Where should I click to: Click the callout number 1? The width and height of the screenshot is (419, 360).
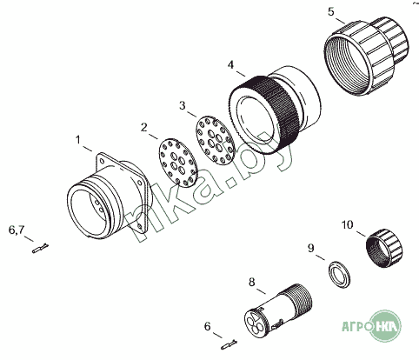click(x=77, y=140)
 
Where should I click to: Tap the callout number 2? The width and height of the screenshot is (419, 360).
click(x=144, y=128)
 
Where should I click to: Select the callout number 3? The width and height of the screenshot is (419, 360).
click(x=183, y=106)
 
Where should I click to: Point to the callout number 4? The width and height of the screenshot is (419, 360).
click(x=230, y=65)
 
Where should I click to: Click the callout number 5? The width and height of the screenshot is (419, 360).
click(x=331, y=12)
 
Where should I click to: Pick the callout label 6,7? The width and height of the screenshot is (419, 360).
click(x=17, y=230)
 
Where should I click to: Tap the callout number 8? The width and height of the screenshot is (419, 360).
click(x=252, y=282)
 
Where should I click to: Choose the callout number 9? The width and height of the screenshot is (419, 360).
click(x=310, y=249)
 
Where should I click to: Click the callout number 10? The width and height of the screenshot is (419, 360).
click(x=348, y=225)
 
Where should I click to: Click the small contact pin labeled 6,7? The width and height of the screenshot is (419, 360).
click(x=40, y=249)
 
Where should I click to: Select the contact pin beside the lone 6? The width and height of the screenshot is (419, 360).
click(x=229, y=344)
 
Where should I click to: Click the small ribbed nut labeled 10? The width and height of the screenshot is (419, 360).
click(x=384, y=248)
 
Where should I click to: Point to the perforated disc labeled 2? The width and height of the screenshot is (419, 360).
click(x=178, y=163)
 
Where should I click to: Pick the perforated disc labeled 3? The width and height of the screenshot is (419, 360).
click(x=215, y=140)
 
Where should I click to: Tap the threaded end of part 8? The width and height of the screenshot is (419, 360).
click(x=298, y=300)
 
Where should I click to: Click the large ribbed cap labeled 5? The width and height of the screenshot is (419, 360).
click(x=366, y=56)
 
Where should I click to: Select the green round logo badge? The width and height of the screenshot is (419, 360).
click(x=386, y=326)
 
